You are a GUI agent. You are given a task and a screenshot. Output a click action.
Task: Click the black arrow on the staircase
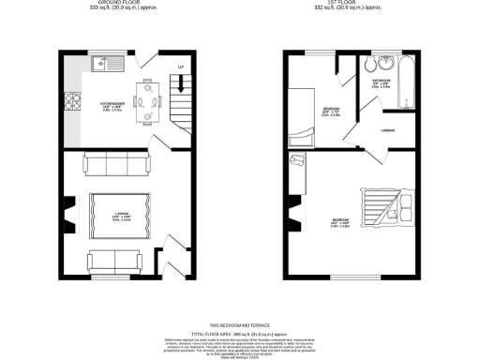pyautogui.click(x=180, y=85)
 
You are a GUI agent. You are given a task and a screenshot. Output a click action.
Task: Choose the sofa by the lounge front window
pyautogui.click(x=112, y=260)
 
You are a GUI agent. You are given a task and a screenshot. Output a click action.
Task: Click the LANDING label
pyautogui.click(x=387, y=129)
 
